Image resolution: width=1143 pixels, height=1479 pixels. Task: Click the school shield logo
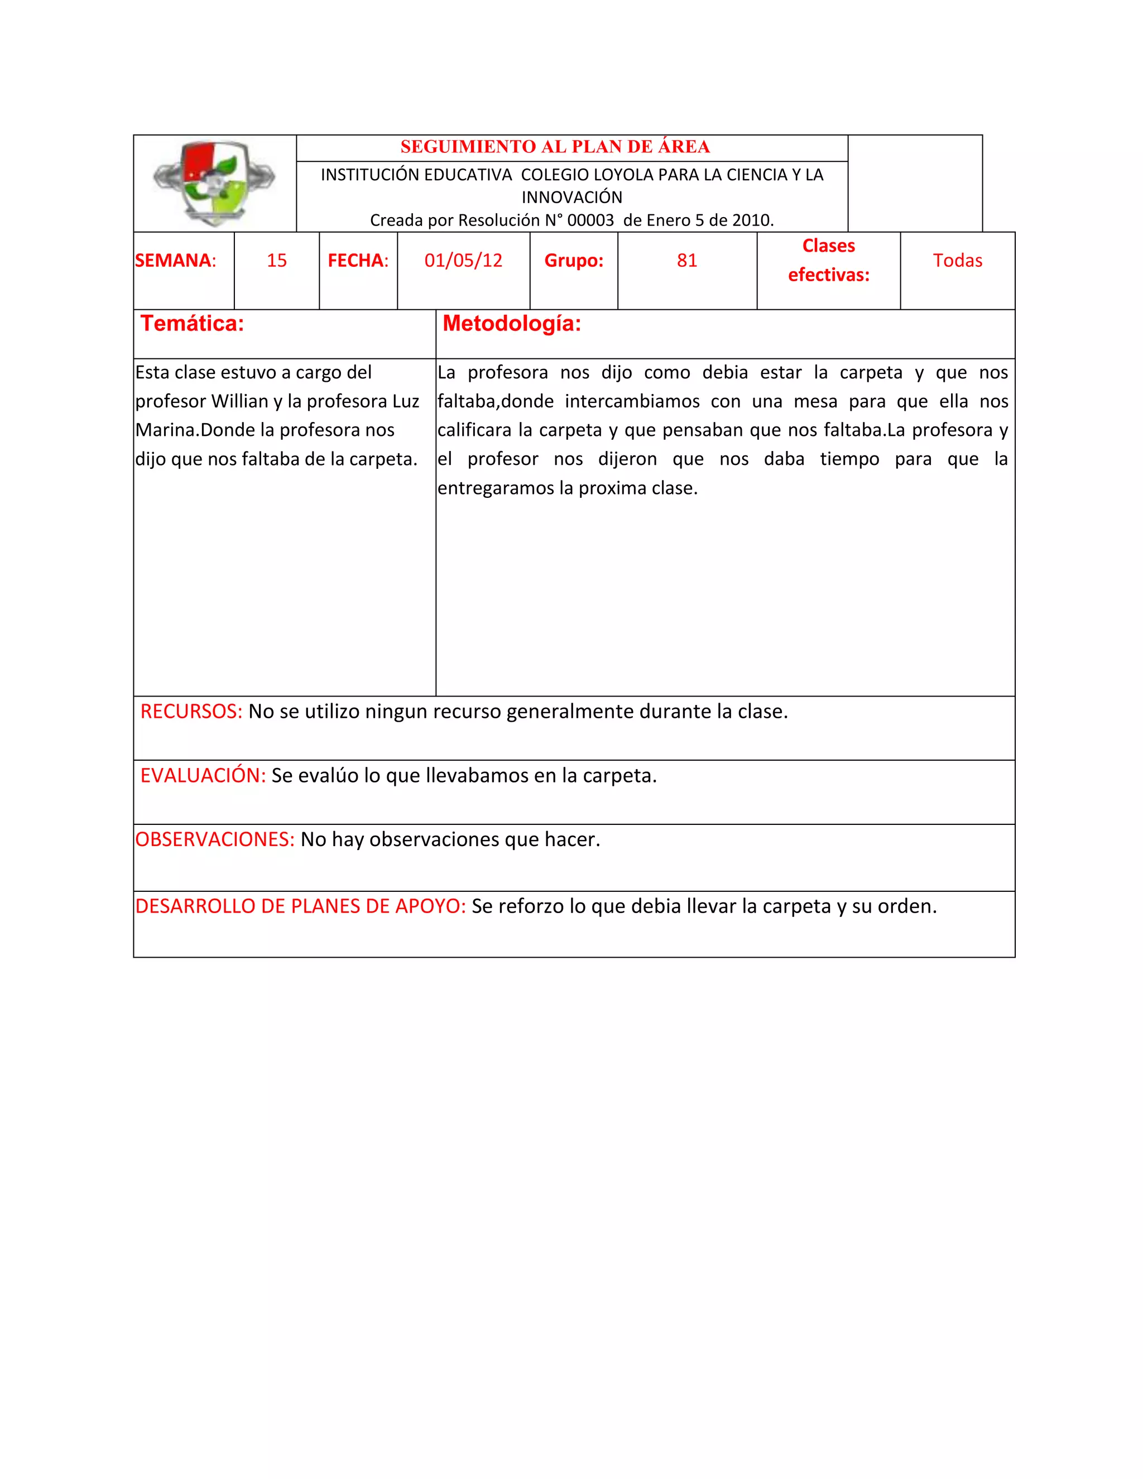pos(214,183)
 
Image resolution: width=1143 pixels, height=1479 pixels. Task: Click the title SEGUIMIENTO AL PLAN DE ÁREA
pos(555,147)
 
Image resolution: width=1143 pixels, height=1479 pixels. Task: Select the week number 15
pos(276,261)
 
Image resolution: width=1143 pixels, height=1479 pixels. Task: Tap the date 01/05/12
pos(463,261)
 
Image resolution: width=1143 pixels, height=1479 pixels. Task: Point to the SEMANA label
pos(175,261)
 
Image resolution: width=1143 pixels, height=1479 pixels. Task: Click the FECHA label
pos(358,261)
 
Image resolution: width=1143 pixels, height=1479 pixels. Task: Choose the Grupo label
pos(574,261)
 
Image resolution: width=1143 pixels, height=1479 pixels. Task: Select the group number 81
pos(686,261)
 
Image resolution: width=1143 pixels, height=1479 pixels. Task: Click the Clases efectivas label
pos(828,261)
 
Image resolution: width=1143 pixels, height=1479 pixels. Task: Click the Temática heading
pos(193,324)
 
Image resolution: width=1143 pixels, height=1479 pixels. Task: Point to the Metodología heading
pos(512,324)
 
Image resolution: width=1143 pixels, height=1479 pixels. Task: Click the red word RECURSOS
pos(191,712)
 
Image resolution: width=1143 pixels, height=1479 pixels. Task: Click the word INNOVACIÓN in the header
pos(571,198)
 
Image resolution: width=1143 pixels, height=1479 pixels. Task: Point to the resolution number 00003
pos(590,220)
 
